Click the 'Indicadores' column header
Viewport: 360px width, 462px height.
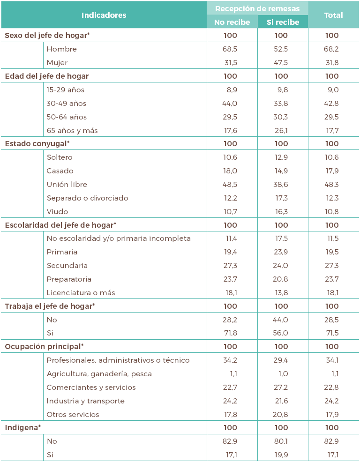click(x=104, y=15)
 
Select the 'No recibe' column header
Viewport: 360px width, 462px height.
click(x=232, y=22)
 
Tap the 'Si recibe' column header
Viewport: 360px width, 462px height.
click(x=283, y=22)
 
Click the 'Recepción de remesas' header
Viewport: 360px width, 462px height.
click(x=257, y=8)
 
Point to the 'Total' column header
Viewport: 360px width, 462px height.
click(x=333, y=15)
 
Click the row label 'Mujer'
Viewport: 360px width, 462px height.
click(x=57, y=62)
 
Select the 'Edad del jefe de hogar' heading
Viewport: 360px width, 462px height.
click(x=47, y=76)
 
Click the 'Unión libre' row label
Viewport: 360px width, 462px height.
click(x=67, y=185)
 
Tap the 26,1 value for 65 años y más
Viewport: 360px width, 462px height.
click(x=281, y=130)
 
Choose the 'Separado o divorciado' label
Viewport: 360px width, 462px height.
click(x=87, y=198)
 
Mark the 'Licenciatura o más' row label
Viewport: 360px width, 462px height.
click(x=81, y=293)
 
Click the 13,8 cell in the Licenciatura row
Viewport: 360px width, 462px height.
click(x=281, y=293)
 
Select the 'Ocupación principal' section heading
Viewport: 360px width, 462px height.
click(x=44, y=347)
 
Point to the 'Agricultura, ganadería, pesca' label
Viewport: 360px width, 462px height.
click(x=99, y=374)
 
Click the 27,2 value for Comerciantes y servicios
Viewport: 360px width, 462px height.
click(x=281, y=387)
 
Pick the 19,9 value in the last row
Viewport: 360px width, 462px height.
click(x=281, y=455)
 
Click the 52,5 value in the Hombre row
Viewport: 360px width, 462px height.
click(x=281, y=49)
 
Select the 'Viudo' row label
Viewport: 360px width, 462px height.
click(x=57, y=212)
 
